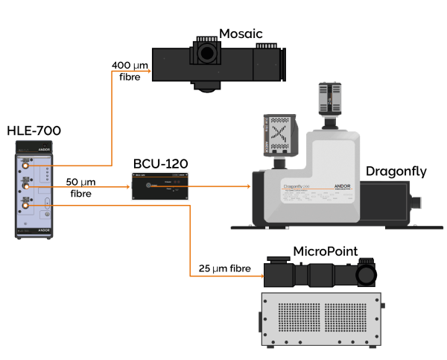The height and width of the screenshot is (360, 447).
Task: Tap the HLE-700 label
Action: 34,132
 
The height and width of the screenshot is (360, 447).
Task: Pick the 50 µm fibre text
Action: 82,187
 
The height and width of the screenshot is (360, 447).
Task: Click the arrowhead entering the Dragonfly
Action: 247,186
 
